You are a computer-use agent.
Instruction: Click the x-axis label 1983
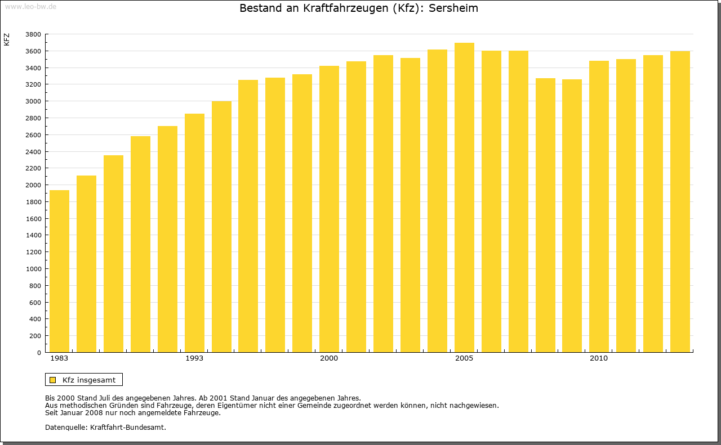(x=59, y=358)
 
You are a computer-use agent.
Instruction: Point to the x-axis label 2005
(x=464, y=358)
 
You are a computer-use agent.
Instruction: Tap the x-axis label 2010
(x=599, y=358)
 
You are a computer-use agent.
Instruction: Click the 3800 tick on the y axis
(x=33, y=34)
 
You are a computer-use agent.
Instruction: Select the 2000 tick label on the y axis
(x=33, y=185)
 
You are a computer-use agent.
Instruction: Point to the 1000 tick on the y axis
(x=33, y=269)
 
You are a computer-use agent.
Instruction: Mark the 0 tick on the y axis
(x=38, y=353)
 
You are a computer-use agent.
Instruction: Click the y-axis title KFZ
(x=7, y=39)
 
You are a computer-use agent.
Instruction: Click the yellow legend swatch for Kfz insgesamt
(x=52, y=380)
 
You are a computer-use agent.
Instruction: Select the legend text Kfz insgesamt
(x=89, y=380)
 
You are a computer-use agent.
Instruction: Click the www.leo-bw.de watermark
(x=30, y=6)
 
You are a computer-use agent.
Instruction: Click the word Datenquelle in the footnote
(x=65, y=427)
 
